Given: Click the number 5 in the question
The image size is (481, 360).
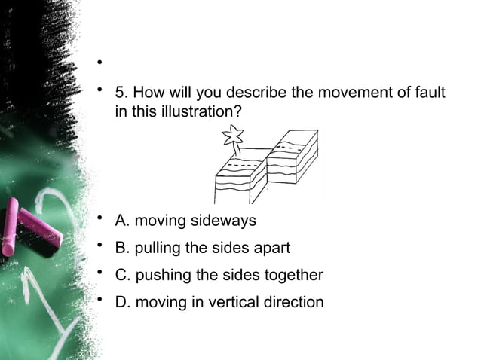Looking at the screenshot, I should point(119,94).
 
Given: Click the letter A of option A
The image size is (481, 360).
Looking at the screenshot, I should point(120,221).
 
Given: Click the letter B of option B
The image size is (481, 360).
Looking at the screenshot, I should point(120,249).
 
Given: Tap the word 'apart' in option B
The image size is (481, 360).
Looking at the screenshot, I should point(272,249).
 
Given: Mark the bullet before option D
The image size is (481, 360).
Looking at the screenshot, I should point(99,301).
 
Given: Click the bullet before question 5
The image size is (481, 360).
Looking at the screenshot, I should point(99,92).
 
